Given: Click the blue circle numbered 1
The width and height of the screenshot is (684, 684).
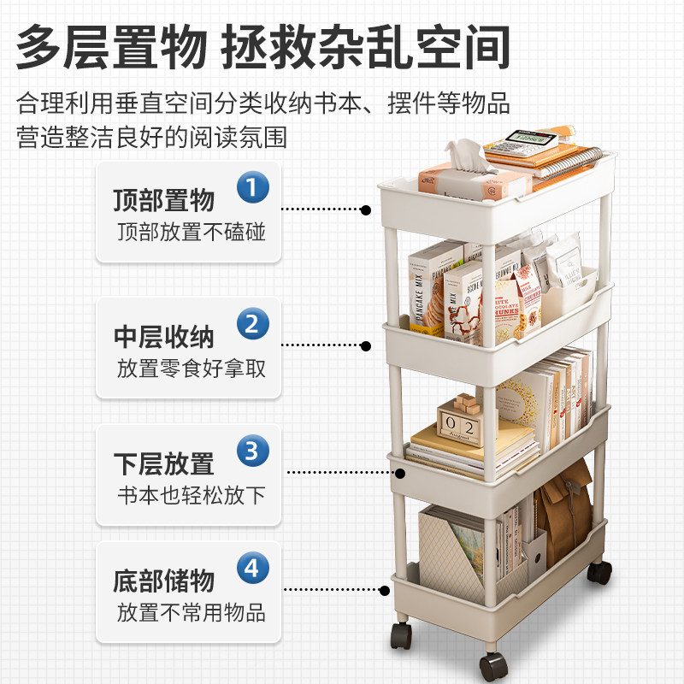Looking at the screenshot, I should (252, 186).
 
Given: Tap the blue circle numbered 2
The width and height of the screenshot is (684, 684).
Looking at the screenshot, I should (252, 324).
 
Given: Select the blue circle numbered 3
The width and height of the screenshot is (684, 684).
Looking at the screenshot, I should (252, 450).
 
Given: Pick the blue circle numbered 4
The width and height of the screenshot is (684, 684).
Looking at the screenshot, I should (252, 567).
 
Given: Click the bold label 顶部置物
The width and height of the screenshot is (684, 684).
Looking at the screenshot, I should (163, 201).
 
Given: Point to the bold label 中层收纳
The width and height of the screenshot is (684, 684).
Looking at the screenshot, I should (163, 336).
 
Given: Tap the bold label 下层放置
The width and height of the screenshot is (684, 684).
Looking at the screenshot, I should (163, 464).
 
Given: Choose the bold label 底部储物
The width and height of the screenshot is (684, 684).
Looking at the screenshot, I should (163, 582).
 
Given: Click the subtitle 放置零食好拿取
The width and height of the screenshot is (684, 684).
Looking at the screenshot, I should (191, 369).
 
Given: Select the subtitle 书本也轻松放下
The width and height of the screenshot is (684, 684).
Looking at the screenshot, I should (191, 496).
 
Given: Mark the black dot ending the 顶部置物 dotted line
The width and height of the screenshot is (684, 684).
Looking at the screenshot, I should (366, 209).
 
